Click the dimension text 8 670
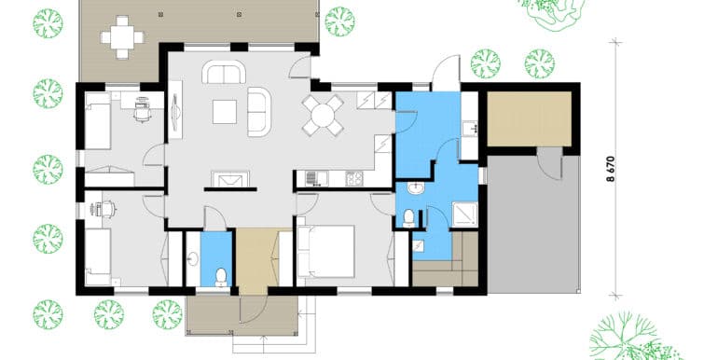pos(611,170)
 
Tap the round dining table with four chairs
pos(323,116)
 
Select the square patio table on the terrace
pos(122,37)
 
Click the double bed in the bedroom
pos(326,251)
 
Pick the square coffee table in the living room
pos(225,112)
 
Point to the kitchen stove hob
pos(354,178)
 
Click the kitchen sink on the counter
pos(316,178)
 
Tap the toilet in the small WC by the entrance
pos(221,277)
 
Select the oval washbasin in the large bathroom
pos(416,188)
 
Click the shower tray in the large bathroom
pos(464,215)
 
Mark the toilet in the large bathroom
pos(409,218)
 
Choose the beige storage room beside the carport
pos(529,118)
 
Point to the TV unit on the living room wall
pos(175,110)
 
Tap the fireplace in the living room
pos(230,179)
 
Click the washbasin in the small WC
pos(193,259)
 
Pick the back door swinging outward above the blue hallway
pos(446,74)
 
